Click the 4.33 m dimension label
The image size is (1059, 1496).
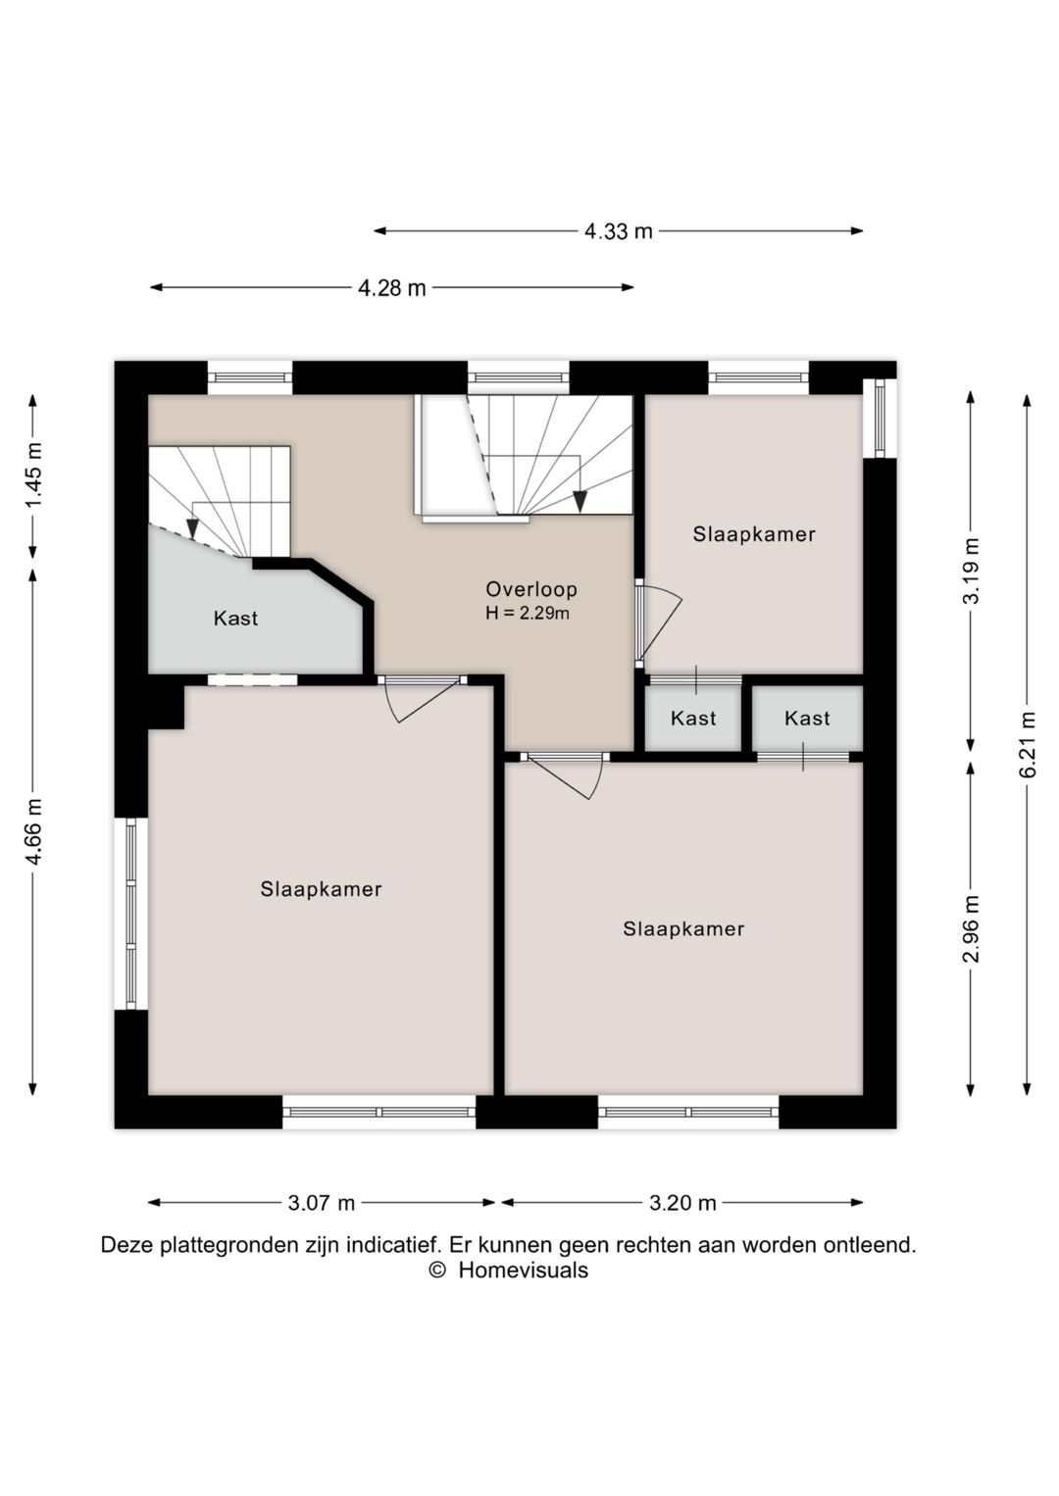coord(618,231)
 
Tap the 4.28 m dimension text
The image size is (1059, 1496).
coord(392,288)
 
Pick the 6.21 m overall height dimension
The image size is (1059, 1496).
coord(1028,744)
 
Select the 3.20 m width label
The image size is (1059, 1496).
coord(682,1203)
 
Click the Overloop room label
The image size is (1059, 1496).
coord(531,589)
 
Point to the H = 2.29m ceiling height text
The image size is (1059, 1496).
coord(528,613)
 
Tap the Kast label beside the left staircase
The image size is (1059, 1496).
coord(235,619)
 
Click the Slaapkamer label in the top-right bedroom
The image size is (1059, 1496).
coord(754,534)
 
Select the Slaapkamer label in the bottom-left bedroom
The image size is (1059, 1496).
coord(321,889)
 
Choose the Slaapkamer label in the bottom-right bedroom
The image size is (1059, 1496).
coord(683,928)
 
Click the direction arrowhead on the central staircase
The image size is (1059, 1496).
coord(580,501)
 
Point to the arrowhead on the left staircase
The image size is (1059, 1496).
coord(193,529)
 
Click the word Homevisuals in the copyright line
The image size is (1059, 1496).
coord(524,1270)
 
